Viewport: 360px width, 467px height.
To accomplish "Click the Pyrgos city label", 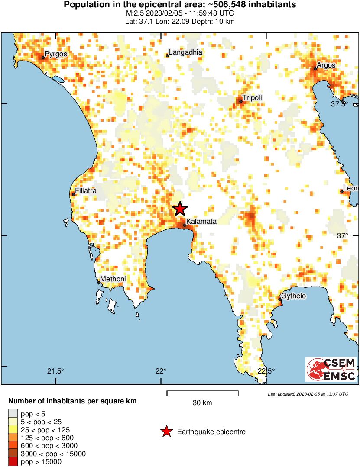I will (x=56, y=55).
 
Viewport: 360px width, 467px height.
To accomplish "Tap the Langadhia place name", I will (x=185, y=52).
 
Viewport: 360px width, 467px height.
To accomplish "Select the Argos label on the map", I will (x=326, y=65).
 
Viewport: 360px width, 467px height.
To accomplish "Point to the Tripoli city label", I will (x=252, y=98).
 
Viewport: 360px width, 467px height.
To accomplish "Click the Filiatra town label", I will (x=86, y=191).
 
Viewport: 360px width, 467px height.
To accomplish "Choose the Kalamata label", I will (x=201, y=222).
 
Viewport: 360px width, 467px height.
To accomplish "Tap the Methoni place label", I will (x=113, y=279).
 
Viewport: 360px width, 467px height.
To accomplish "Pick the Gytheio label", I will (x=293, y=296).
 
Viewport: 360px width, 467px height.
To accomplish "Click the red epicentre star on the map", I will (x=180, y=209).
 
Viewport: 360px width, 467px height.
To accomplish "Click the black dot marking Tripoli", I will (x=241, y=102).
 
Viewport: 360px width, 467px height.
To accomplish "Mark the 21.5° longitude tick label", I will (x=55, y=371).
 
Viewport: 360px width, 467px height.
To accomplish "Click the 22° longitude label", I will (x=161, y=371).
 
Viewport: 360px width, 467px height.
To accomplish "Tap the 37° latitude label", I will (x=343, y=235).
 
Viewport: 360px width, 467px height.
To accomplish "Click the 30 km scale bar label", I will (x=202, y=403).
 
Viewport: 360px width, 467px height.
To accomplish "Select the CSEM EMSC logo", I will (x=331, y=369).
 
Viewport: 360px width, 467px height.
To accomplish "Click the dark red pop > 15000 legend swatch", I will (x=13, y=462).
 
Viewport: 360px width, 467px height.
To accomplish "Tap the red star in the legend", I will (x=166, y=432).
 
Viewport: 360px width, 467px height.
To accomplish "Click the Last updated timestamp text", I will (x=308, y=394).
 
